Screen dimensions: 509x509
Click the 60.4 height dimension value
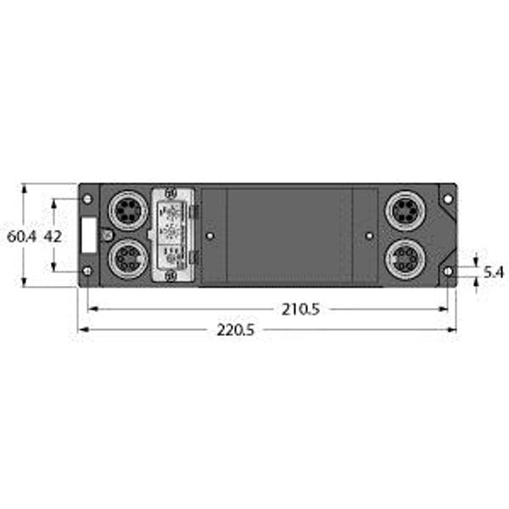coord(20,238)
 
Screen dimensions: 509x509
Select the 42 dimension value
coord(53,237)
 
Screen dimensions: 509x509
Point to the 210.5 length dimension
coord(300,310)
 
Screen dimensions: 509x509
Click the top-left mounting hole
coord(87,199)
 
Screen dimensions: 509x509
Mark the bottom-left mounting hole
coord(87,271)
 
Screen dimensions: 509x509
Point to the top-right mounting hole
coord(447,199)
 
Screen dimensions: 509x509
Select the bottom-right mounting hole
coord(447,271)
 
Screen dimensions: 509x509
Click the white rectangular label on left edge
coord(87,234)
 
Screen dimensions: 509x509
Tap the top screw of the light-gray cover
coord(171,193)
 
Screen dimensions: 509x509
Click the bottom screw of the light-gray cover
coord(171,276)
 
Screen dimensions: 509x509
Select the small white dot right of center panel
coord(368,235)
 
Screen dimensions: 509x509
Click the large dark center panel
coord(288,235)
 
